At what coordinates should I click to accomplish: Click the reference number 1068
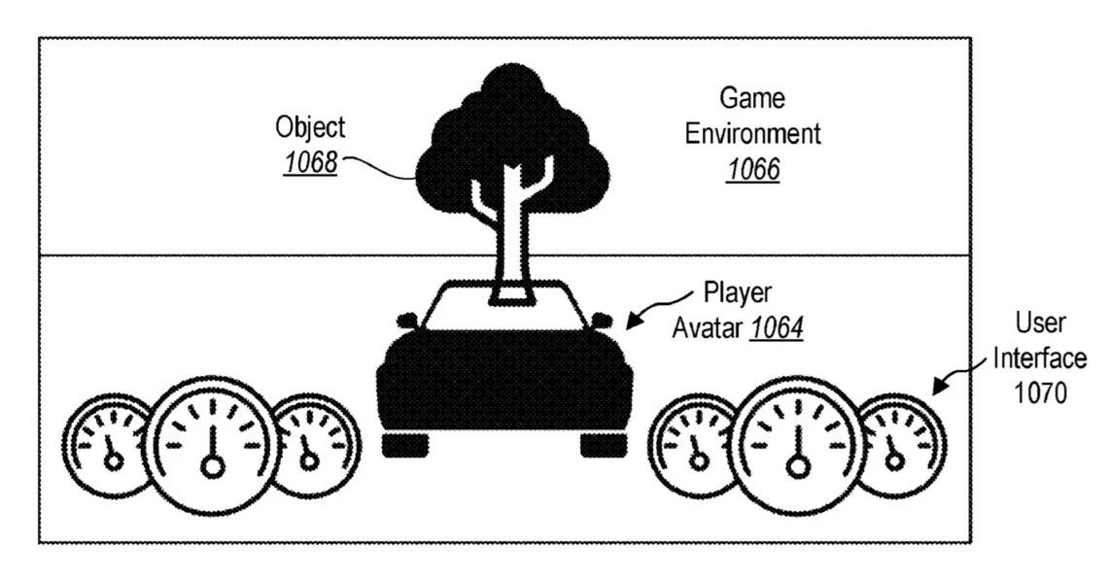tap(310, 163)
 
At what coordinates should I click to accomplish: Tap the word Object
tap(310, 128)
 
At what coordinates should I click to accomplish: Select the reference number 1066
tap(753, 169)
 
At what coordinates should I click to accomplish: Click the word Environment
tap(753, 133)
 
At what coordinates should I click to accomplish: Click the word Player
tap(738, 293)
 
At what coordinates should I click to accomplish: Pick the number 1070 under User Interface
tap(1040, 392)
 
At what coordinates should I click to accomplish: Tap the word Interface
tap(1040, 358)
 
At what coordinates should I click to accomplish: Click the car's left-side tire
tap(405, 445)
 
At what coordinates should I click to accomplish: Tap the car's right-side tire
tap(605, 445)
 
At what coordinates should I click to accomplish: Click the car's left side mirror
tap(408, 320)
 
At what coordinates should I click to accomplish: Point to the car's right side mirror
tap(601, 320)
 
